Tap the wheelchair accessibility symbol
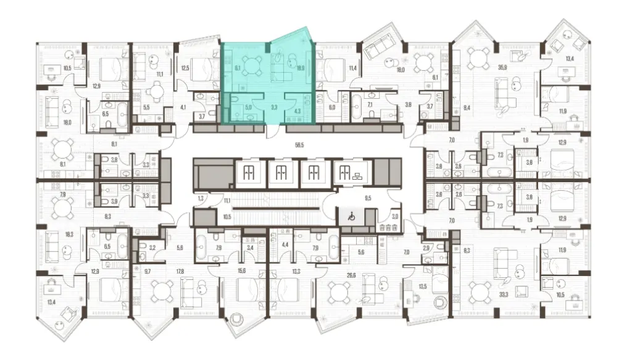[347, 217]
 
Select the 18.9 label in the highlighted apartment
[301, 69]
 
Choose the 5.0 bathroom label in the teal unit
[248, 107]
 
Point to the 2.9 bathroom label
[426, 247]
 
